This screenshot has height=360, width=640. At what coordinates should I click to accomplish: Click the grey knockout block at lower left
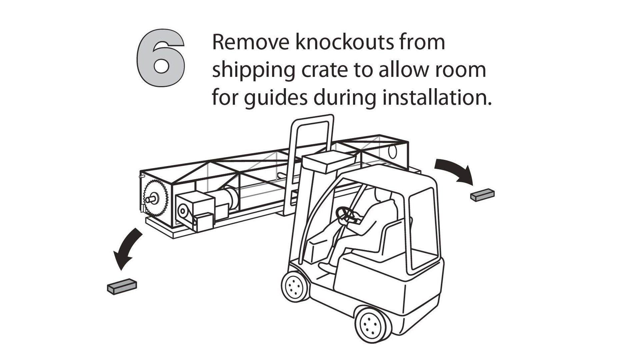[122, 286]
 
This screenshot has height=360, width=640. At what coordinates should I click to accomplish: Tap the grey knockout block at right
[482, 195]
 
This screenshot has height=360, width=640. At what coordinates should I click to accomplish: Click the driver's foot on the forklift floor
[327, 266]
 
